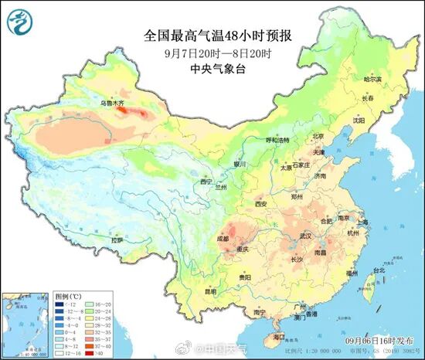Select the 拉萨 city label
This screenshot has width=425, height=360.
117,240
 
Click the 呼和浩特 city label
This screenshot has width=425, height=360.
277,140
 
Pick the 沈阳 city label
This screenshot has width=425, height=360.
358,120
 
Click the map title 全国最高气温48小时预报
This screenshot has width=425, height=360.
212,36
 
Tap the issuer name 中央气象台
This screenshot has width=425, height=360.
212,68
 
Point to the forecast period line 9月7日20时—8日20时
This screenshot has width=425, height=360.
212,53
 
